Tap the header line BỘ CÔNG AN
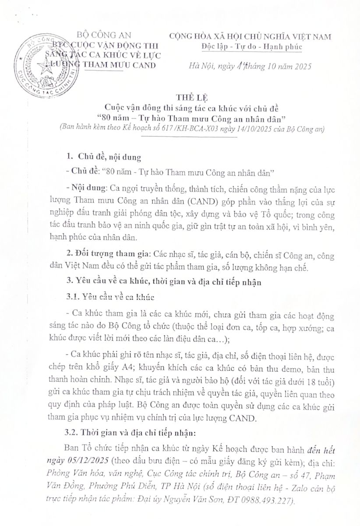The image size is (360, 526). (x=103, y=35)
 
